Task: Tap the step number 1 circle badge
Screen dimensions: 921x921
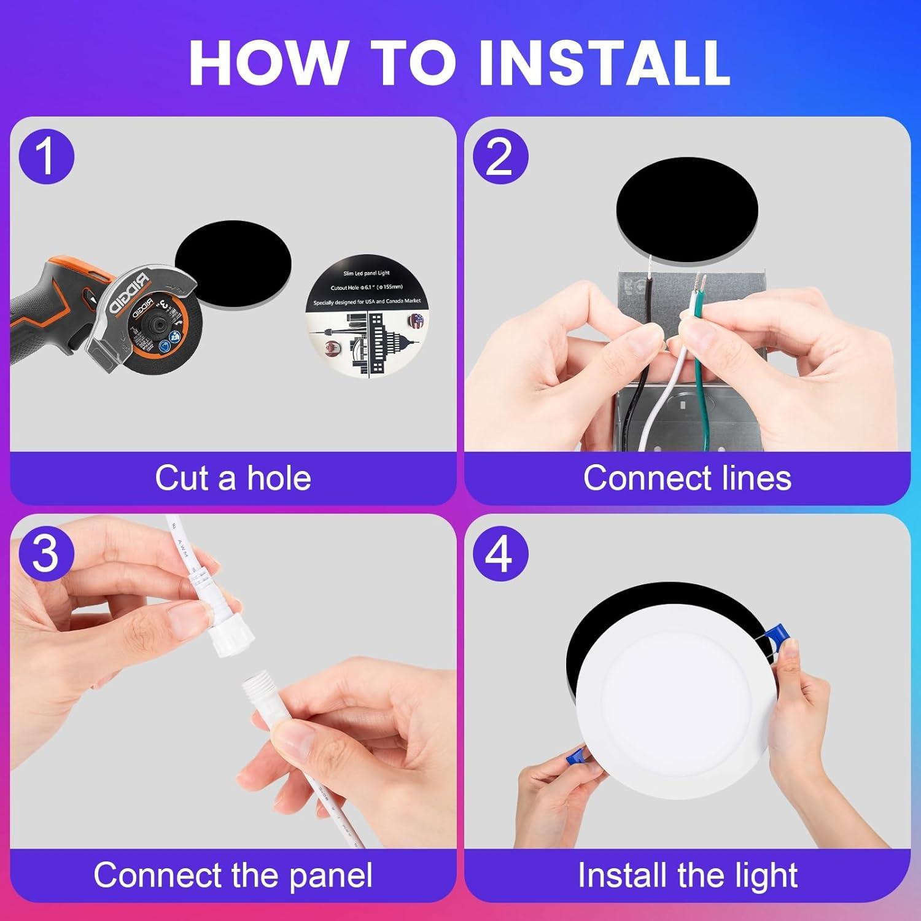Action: click(x=46, y=156)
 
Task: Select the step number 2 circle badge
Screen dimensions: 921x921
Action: click(x=500, y=156)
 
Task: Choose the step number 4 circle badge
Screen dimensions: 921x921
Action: click(x=500, y=553)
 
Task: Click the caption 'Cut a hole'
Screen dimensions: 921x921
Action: click(x=233, y=478)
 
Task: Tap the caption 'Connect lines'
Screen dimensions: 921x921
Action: click(x=687, y=478)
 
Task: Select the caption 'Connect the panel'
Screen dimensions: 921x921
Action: click(x=233, y=875)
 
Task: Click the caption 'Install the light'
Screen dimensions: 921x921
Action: click(x=687, y=875)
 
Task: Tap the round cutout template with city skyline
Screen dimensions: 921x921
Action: click(x=367, y=316)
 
